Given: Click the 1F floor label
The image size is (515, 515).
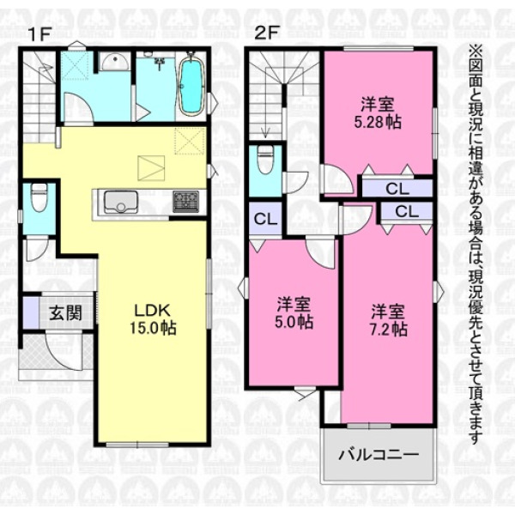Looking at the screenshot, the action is click(40, 34).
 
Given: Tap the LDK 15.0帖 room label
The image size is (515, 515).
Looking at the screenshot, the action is click(154, 319).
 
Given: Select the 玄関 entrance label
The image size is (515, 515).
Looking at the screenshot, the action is click(66, 312).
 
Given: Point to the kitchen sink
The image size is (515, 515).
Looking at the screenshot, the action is click(120, 202).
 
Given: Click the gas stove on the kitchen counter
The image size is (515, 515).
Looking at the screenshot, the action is click(186, 202).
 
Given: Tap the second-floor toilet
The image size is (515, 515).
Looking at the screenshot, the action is click(265, 160).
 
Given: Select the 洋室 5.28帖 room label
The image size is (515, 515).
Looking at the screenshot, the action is click(378, 113).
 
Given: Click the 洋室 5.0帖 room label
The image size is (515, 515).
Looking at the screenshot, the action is click(294, 312).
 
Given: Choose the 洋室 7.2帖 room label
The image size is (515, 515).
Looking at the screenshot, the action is click(388, 320).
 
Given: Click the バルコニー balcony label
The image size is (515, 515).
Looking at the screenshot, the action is click(379, 456).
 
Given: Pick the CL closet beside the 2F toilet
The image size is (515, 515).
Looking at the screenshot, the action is click(266, 219).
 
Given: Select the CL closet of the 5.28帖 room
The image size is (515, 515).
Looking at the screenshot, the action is click(397, 189).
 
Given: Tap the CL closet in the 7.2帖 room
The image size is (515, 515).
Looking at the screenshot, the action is click(407, 211).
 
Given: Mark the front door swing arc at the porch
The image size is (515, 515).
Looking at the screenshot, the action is click(64, 353).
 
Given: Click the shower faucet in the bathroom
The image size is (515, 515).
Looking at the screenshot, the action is click(160, 63).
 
